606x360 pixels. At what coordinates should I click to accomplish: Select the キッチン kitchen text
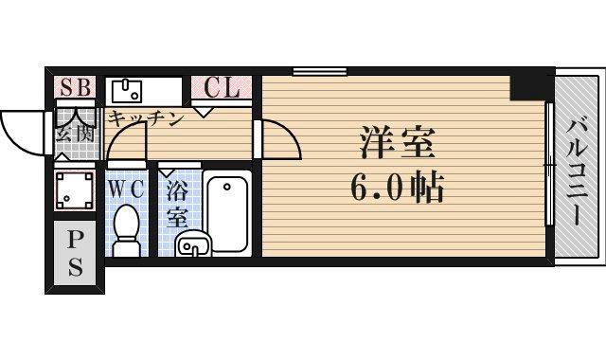pos(144,119)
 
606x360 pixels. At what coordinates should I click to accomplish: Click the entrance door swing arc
pos(21,127)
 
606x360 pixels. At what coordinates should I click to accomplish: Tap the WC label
pos(125,188)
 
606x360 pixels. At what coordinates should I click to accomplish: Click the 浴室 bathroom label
pos(177,204)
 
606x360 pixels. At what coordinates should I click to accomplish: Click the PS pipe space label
pos(74,251)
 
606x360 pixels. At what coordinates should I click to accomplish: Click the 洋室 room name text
pos(397,145)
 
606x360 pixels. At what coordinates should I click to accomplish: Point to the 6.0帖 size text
pos(397,189)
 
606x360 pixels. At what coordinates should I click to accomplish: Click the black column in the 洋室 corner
pos(528,86)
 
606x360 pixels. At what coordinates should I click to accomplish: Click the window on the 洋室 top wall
pos(319,71)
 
